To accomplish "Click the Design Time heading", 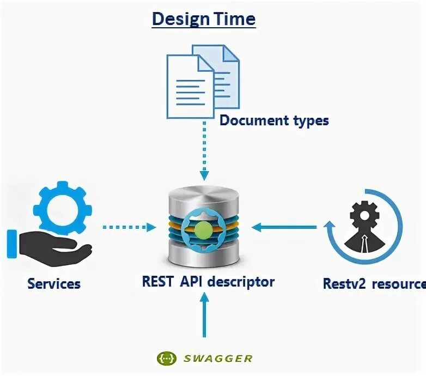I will [203, 19].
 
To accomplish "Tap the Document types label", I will [274, 120].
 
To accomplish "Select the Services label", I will [54, 283].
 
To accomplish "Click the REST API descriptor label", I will [208, 282].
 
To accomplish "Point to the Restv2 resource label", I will [374, 283].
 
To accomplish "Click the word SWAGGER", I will [218, 358].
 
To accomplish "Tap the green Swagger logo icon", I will [166, 358].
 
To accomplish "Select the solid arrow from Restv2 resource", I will [286, 226].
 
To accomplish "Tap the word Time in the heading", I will [235, 19].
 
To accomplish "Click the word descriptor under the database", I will [243, 282].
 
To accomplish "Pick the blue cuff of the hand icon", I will [12, 244].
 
